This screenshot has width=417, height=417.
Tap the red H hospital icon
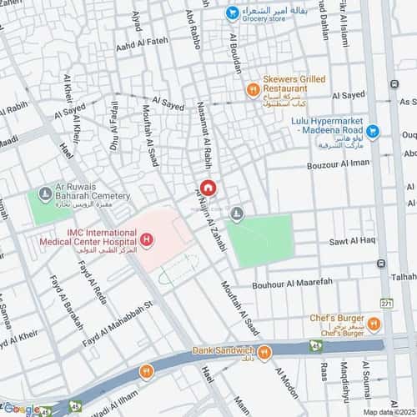(147, 241)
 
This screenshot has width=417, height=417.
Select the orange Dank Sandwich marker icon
(263, 353)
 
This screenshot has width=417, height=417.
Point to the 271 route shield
(385, 304)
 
